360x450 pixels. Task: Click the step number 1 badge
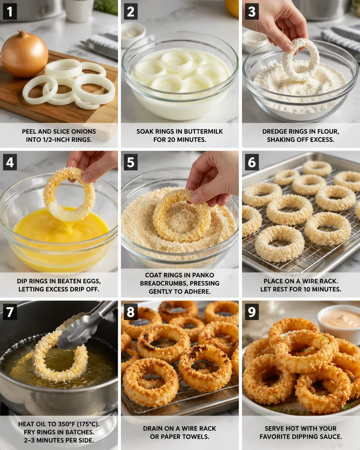(x=10, y=12)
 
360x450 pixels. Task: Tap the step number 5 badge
(x=130, y=162)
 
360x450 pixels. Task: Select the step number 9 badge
(x=252, y=312)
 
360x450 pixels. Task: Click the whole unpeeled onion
(x=24, y=54)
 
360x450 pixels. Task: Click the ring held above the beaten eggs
(x=69, y=195)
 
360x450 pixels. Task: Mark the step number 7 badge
(x=10, y=312)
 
